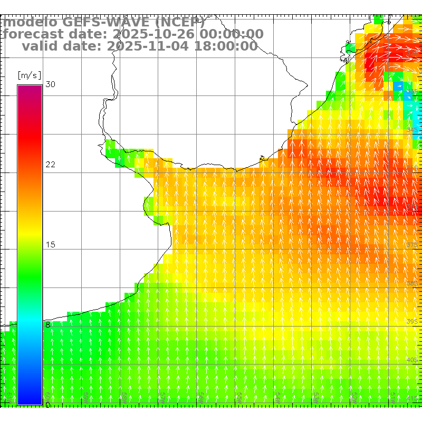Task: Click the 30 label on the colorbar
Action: [x=51, y=84]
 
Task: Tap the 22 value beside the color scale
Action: [x=51, y=165]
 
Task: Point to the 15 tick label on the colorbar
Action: [x=51, y=245]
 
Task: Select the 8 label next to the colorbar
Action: [x=48, y=325]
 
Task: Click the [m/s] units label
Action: [x=30, y=75]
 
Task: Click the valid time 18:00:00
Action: [x=224, y=46]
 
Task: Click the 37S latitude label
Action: [x=412, y=245]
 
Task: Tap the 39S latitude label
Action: [x=412, y=321]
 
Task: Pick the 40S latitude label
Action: [x=412, y=360]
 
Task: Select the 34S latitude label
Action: [x=412, y=130]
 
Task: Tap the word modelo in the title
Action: [x=30, y=22]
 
